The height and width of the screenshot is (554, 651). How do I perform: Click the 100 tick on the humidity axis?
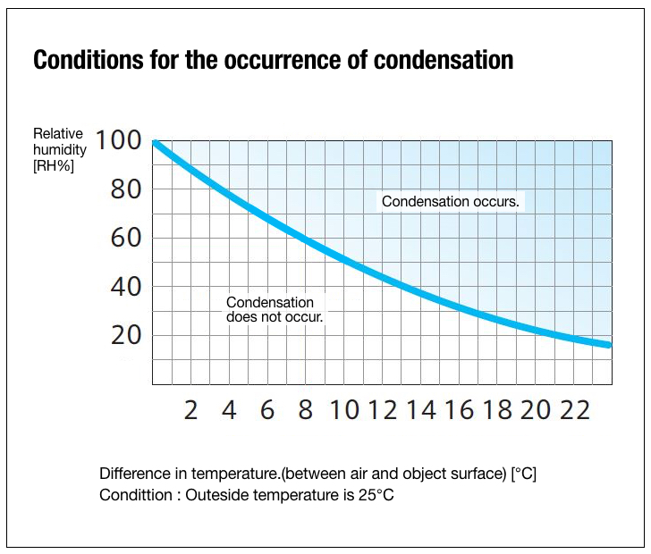(118, 141)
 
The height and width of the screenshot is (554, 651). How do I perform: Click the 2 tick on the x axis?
(190, 410)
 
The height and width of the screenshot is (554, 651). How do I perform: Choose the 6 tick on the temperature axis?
(267, 410)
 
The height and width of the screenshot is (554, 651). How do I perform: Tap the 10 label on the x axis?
(344, 410)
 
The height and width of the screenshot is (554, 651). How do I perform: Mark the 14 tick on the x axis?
(421, 410)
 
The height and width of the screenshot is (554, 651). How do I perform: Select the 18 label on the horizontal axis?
(498, 410)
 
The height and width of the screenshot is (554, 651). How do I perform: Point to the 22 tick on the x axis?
(575, 410)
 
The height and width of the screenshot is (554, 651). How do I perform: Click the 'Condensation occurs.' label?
(451, 202)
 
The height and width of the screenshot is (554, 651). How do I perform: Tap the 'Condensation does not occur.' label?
(274, 310)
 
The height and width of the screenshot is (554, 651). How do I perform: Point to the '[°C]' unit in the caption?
(523, 474)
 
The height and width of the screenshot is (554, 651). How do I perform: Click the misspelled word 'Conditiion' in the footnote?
(136, 494)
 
